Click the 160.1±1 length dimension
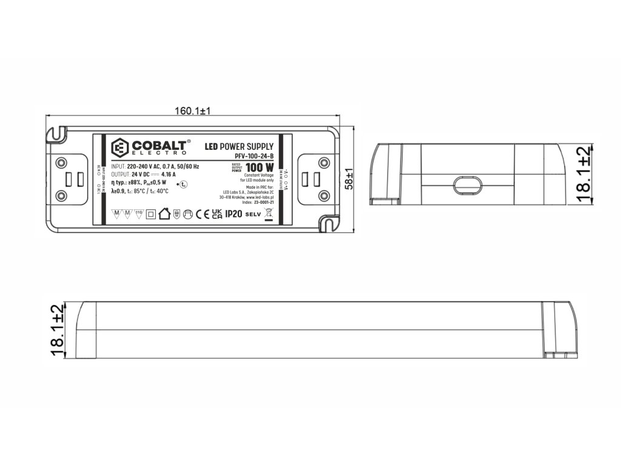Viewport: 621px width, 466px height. point(192,111)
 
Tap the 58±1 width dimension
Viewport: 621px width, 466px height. point(349,180)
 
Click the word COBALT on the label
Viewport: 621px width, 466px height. point(159,146)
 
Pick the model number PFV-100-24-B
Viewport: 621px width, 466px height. point(253,157)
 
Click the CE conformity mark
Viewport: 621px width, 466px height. point(202,214)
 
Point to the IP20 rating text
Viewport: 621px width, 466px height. point(233,214)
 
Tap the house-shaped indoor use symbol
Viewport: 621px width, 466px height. point(164,214)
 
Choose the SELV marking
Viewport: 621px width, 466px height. point(252,214)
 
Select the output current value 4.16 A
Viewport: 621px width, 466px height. point(169,175)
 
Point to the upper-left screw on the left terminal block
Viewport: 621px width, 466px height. point(61,163)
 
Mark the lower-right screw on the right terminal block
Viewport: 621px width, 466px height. point(323,195)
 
